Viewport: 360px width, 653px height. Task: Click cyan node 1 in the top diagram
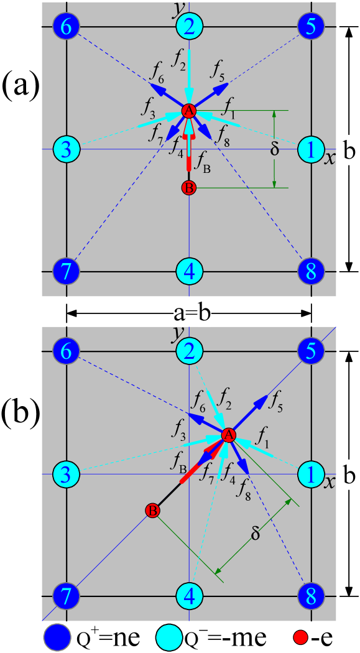pos(308,149)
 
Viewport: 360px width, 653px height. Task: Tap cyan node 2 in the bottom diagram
pos(189,352)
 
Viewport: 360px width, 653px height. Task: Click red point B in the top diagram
pos(189,187)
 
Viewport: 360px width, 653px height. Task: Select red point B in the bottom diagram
pos(152,511)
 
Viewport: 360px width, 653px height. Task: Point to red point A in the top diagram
pos(189,111)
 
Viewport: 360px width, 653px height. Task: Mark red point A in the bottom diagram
pos(228,435)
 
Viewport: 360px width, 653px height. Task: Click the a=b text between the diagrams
pos(192,313)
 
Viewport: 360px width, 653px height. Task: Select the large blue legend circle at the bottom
pos(57,637)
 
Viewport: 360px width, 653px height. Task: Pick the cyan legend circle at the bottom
pos(168,637)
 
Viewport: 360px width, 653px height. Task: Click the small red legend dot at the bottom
pos(301,637)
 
